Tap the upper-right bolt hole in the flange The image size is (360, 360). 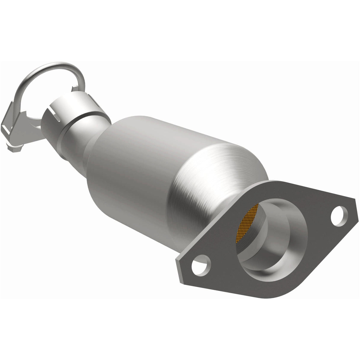pos(337,214)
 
